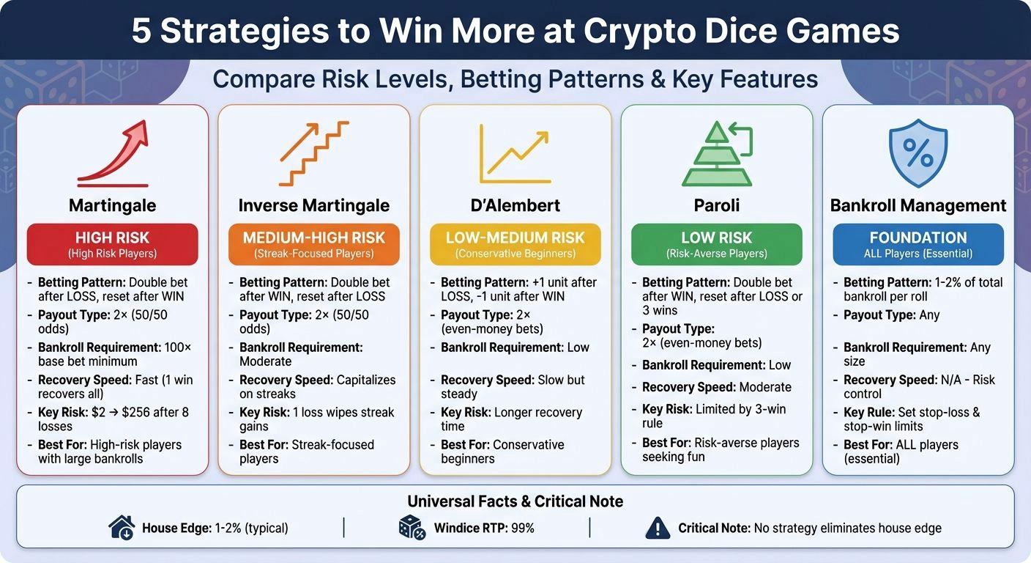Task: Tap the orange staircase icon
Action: (x=314, y=153)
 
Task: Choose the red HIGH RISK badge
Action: (x=113, y=244)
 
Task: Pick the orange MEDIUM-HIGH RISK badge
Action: (x=314, y=244)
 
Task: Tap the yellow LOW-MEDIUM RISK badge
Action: (x=515, y=244)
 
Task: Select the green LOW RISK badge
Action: (x=716, y=244)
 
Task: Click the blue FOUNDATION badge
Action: (x=918, y=244)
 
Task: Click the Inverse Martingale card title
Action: (x=314, y=206)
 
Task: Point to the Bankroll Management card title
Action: (x=918, y=206)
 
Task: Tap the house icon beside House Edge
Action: (x=121, y=528)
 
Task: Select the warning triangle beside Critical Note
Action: (x=658, y=528)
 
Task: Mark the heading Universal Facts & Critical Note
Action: (x=515, y=501)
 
